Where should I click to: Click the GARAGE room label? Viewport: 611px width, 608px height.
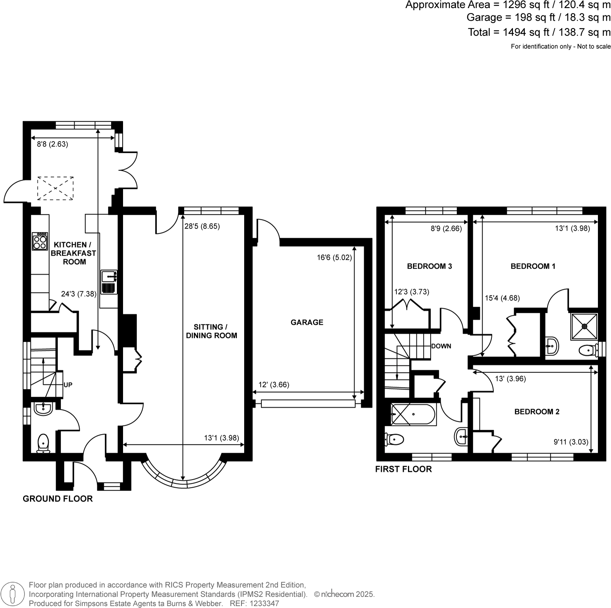coord(306,322)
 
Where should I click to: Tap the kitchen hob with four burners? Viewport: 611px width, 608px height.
coord(40,241)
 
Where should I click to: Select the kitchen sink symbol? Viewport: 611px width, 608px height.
coord(109,282)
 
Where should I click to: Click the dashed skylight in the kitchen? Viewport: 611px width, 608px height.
coord(55,188)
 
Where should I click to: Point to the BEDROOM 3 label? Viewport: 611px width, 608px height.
coord(429,266)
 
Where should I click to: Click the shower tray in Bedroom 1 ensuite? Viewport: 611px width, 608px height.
coord(584,326)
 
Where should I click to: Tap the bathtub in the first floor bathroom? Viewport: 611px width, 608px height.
coord(413,414)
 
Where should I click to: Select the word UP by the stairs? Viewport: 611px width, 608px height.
coord(68,385)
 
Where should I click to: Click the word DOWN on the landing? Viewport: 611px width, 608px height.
coord(441,346)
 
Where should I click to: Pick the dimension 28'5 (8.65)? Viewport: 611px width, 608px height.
coord(202,226)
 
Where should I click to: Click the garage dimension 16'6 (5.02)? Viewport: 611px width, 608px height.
coord(334,257)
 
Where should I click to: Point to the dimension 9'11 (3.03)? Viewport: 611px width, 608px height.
coord(571,442)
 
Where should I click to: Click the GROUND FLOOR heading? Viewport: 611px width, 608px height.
coord(58,499)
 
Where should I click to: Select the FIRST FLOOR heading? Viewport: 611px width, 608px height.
coord(403,469)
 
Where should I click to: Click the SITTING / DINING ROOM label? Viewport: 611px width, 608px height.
coord(211,331)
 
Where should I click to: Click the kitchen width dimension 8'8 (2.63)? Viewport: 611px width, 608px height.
coord(52,145)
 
